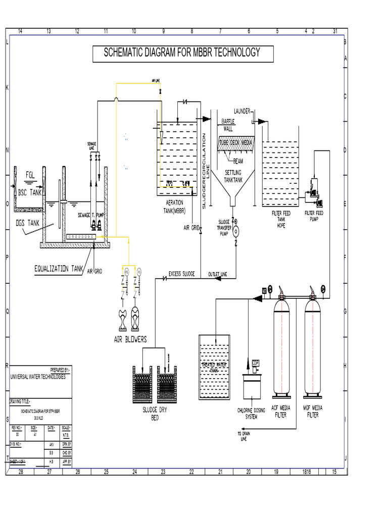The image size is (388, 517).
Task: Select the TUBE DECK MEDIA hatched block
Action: click(x=235, y=143)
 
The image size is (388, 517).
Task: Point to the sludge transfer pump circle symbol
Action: click(x=235, y=232)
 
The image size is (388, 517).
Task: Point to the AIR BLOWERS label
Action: click(x=130, y=340)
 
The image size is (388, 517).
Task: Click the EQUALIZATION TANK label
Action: click(x=58, y=269)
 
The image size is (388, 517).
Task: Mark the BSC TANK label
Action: click(x=30, y=192)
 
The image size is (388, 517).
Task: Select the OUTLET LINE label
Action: click(x=217, y=274)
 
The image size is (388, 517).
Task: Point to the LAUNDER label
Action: click(x=241, y=111)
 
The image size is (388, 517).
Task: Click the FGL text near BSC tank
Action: click(x=32, y=175)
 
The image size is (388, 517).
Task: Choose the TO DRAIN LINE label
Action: click(x=244, y=437)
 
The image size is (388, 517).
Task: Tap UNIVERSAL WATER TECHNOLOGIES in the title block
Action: click(x=38, y=377)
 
